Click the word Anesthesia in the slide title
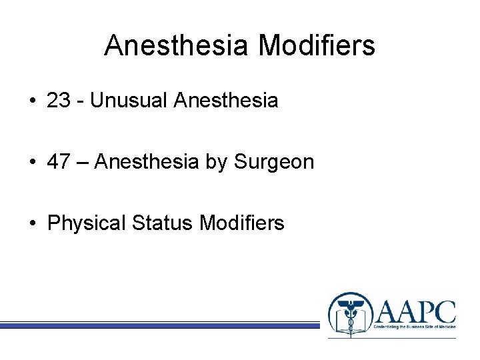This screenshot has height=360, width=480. point(177,46)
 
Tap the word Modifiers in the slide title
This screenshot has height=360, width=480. point(317,46)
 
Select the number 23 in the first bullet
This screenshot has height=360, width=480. point(59,101)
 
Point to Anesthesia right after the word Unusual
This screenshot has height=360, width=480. point(225,101)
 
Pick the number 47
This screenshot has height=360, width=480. point(59,161)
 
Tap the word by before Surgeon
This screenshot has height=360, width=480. point(216,162)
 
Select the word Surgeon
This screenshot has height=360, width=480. point(274,162)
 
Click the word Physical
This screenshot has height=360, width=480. point(87,223)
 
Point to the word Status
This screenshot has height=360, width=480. point(163,223)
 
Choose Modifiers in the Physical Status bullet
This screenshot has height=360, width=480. point(241,223)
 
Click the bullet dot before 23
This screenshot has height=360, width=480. point(32,101)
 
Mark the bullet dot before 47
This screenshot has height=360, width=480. point(32,162)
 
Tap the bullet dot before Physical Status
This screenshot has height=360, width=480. point(32,223)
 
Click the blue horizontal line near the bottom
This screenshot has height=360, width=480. point(160,325)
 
